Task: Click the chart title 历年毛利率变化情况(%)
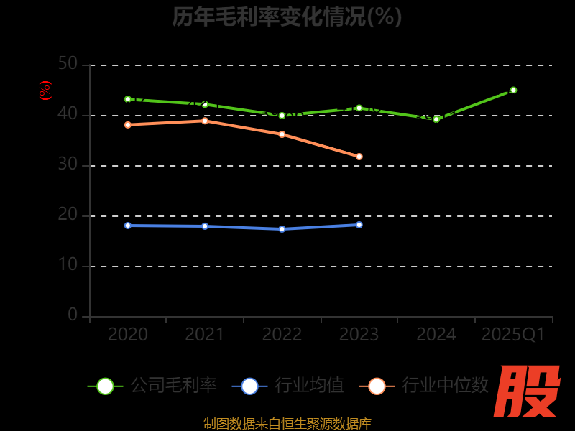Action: [x=287, y=17]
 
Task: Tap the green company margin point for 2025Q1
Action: [x=513, y=91]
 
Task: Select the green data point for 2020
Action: [x=128, y=99]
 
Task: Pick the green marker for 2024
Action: [x=436, y=119]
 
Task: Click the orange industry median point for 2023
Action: [x=359, y=157]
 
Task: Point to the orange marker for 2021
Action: [x=205, y=121]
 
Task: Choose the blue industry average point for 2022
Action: [x=282, y=229]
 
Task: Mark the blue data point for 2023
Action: [x=359, y=225]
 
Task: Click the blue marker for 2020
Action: [x=128, y=226]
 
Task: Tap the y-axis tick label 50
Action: [x=68, y=64]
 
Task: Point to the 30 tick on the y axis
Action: [x=68, y=164]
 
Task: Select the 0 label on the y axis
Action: [x=73, y=315]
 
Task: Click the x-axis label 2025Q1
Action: [x=513, y=335]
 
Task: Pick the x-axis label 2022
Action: [x=282, y=335]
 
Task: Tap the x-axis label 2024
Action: [x=436, y=335]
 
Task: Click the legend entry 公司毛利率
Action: [x=152, y=386]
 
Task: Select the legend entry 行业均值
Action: [x=288, y=386]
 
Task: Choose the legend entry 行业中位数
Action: [x=428, y=386]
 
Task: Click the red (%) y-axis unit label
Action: [x=45, y=91]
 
